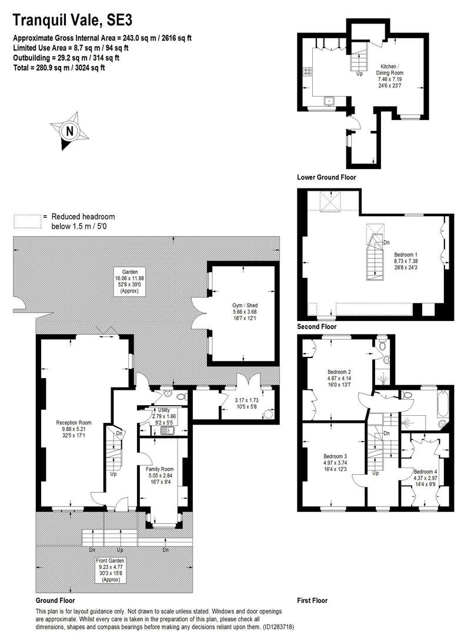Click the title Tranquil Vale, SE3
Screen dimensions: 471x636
point(72,20)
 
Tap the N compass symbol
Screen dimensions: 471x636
point(69,131)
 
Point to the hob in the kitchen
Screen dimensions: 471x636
point(308,71)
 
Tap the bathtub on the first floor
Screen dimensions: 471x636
point(442,403)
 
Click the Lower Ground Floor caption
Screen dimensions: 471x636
point(326,177)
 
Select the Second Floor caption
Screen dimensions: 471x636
point(317,326)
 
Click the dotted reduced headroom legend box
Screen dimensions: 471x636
point(28,221)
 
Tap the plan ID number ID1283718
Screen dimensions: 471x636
point(278,627)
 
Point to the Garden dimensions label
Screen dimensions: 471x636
point(129,281)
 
